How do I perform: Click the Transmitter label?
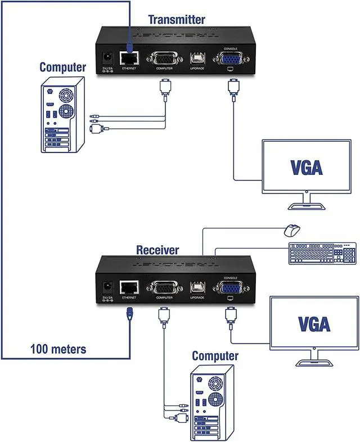click(176, 20)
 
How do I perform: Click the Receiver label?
click(157, 250)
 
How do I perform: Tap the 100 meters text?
click(58, 349)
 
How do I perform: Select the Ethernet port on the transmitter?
click(130, 58)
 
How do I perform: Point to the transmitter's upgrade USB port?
click(197, 58)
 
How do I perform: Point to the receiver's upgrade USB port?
click(198, 287)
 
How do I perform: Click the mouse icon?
click(291, 230)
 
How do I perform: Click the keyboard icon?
click(322, 253)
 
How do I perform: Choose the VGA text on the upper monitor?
click(307, 166)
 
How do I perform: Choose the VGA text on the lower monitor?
click(314, 323)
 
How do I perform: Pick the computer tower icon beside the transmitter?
click(63, 115)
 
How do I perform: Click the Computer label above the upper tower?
click(62, 67)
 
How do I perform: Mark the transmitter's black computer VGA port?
click(164, 58)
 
